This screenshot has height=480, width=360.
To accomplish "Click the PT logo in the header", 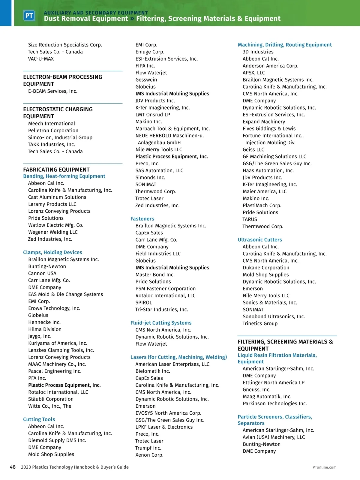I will pyautogui.click(x=29, y=16).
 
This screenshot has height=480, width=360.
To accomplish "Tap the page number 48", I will pyautogui.click(x=13, y=467).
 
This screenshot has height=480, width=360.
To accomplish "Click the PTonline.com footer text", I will pyautogui.click(x=324, y=467).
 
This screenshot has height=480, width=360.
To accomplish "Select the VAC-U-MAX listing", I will pyautogui.click(x=41, y=59).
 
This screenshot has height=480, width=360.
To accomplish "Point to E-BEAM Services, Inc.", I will pyautogui.click(x=53, y=91).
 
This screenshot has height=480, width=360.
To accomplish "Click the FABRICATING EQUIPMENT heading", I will pyautogui.click(x=56, y=169).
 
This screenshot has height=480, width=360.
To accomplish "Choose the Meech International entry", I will pyautogui.click(x=52, y=123).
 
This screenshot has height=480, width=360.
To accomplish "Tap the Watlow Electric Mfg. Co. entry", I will pyautogui.click(x=56, y=225).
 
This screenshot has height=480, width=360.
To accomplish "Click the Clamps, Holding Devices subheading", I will pyautogui.click(x=52, y=252).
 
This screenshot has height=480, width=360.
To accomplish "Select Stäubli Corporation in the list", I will pyautogui.click(x=51, y=399).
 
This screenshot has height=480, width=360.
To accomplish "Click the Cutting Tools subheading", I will pyautogui.click(x=39, y=419).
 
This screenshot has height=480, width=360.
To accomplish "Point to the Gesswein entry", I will pyautogui.click(x=146, y=79).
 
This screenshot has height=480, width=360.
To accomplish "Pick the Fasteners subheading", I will pyautogui.click(x=142, y=219).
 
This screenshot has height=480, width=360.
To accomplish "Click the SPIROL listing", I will pyautogui.click(x=144, y=302).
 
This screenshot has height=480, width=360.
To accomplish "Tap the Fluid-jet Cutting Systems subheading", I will pyautogui.click(x=161, y=323).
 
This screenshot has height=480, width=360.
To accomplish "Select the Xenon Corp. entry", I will pyautogui.click(x=149, y=455).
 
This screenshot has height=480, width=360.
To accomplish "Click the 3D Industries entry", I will pyautogui.click(x=258, y=52).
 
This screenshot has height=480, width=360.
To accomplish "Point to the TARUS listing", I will pyautogui.click(x=250, y=219).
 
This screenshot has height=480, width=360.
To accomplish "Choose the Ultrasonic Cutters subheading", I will pyautogui.click(x=260, y=240).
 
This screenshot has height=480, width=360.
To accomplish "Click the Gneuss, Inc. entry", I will pyautogui.click(x=256, y=389).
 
